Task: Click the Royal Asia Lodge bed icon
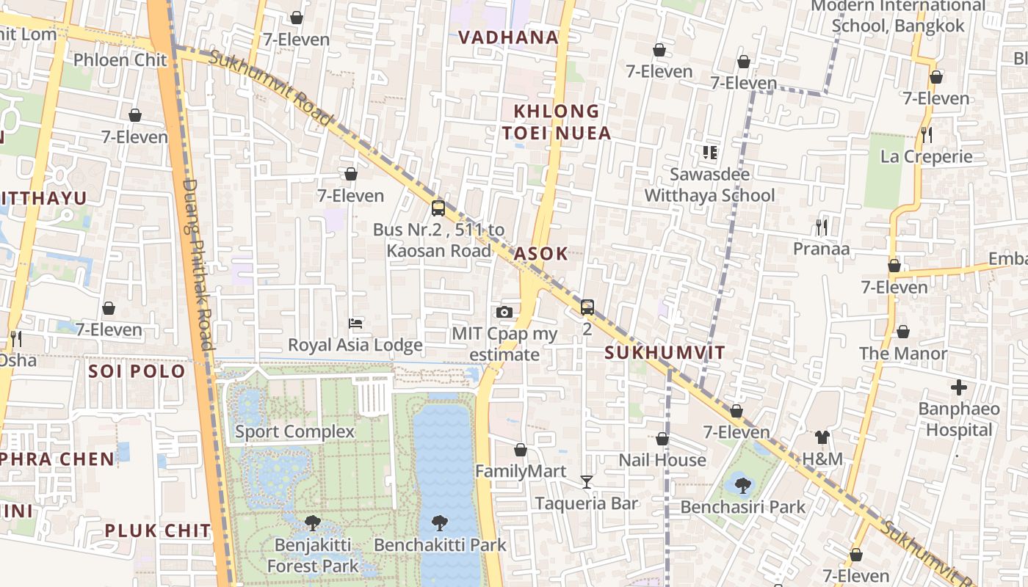point(355,323)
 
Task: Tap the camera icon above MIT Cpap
point(504,312)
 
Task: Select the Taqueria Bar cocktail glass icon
point(586,481)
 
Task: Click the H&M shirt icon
point(822,437)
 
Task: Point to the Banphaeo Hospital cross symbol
point(958,387)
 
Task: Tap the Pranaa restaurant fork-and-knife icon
point(822,227)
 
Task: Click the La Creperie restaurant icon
point(926,134)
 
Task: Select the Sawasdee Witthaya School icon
point(709,153)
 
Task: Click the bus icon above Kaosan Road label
point(438,208)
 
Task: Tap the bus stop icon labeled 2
point(587,307)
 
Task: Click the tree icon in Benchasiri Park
point(742,485)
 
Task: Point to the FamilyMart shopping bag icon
point(521,449)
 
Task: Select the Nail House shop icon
point(662,439)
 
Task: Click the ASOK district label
point(540,254)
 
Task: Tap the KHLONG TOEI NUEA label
point(562,123)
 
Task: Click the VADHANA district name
point(508,37)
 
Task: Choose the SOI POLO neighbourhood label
point(137,371)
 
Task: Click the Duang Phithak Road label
point(197,264)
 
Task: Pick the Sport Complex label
point(294,431)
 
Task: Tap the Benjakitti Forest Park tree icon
point(312,522)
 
